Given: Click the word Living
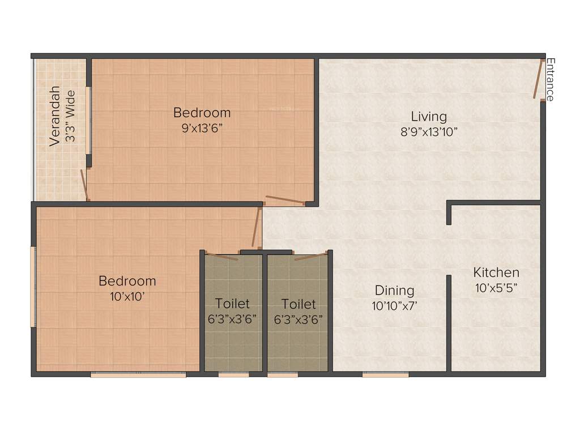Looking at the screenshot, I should click(x=429, y=117).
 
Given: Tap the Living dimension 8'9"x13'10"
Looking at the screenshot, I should click(x=429, y=131).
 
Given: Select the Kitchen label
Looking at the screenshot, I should click(x=496, y=272).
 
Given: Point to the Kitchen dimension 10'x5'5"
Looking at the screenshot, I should click(x=496, y=287).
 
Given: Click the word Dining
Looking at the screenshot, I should click(x=394, y=291).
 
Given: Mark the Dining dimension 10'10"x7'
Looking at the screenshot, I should click(x=394, y=305).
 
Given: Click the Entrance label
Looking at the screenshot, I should click(x=550, y=79).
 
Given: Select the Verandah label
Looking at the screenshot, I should click(x=54, y=116).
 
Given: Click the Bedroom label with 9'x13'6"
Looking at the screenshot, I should click(x=202, y=112).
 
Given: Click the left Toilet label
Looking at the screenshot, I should click(x=232, y=304).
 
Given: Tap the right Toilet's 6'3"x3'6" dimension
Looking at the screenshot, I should click(x=298, y=319).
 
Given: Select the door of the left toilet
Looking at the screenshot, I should click(x=222, y=256).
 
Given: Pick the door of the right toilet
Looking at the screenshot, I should click(x=310, y=257).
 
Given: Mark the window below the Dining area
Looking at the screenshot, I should click(x=386, y=374).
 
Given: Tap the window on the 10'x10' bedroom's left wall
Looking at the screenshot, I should click(x=33, y=285).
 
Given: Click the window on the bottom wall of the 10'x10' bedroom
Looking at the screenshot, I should click(x=138, y=374).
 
